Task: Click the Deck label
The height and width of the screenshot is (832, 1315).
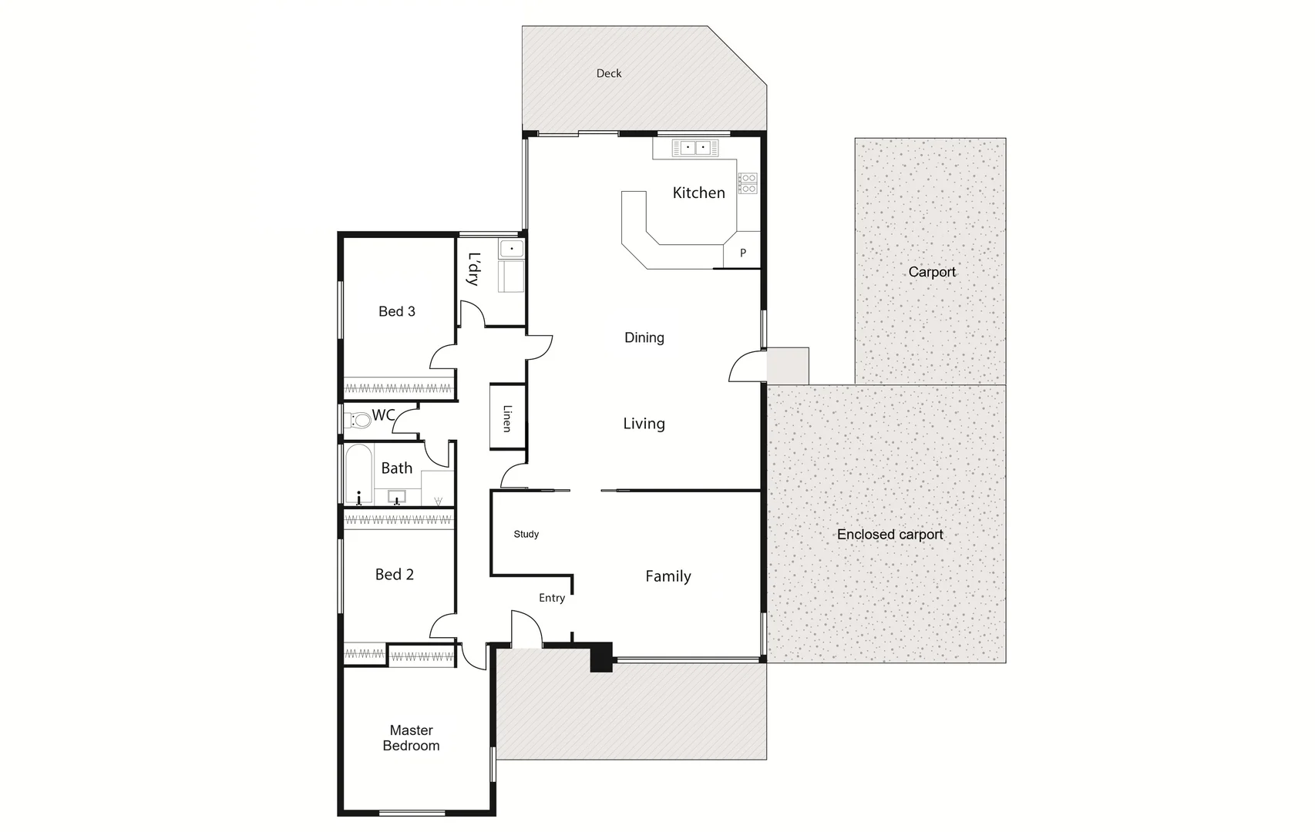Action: tap(608, 73)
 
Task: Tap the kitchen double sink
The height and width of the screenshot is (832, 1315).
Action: tap(694, 147)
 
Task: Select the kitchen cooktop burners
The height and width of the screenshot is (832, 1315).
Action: tap(748, 183)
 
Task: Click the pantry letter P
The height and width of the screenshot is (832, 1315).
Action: tap(742, 253)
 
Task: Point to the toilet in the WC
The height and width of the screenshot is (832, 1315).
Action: tap(359, 421)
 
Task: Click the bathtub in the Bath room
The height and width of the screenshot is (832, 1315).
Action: tap(358, 474)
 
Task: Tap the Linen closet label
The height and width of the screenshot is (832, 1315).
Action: tap(506, 418)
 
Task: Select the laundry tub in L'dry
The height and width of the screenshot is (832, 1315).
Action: tap(511, 249)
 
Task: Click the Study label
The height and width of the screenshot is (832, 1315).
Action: tap(526, 534)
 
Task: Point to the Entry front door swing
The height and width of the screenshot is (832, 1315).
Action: tap(524, 626)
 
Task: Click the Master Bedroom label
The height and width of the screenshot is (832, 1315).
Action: tap(411, 737)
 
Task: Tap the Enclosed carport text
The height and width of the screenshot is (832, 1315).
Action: tap(890, 534)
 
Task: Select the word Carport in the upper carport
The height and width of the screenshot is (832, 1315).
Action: tap(931, 272)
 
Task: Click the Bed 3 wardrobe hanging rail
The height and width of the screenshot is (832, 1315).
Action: tap(398, 387)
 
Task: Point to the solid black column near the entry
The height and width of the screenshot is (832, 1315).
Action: tap(601, 657)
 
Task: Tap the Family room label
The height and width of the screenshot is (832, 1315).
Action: tap(668, 576)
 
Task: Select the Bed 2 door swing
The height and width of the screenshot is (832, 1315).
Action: tap(444, 627)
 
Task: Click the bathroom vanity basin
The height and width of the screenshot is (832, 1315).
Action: tap(397, 495)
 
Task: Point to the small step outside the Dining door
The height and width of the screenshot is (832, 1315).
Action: tap(788, 365)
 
